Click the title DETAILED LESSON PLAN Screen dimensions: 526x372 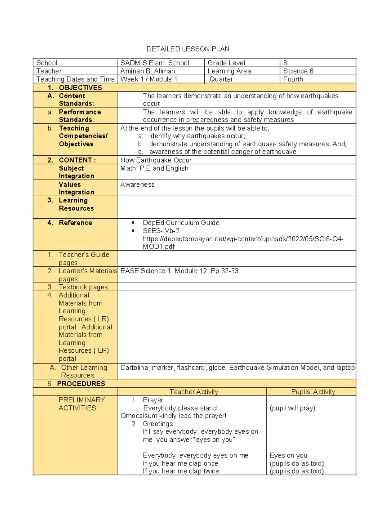click(188, 49)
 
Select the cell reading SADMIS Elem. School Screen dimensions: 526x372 click(155, 63)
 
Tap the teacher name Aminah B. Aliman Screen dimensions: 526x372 click(148, 71)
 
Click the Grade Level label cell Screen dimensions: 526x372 click(226, 63)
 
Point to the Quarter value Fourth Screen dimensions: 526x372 click(293, 79)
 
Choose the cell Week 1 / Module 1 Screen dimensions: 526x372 click(149, 79)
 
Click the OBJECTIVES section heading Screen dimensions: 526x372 click(80, 87)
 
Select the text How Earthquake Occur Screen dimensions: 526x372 click(156, 160)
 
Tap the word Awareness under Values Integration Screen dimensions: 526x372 click(137, 185)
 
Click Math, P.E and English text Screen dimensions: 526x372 click(154, 168)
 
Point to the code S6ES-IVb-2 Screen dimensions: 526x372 click(161, 231)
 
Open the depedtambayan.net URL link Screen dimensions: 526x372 click(243, 239)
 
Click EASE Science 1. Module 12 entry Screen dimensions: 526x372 click(179, 271)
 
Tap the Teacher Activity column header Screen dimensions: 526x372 click(194, 392)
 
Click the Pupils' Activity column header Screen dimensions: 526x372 click(313, 392)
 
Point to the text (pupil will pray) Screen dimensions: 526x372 click(292, 408)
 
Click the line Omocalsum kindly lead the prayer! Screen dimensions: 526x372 click(173, 416)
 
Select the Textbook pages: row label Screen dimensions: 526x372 click(84, 287)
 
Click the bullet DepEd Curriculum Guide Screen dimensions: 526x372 click(181, 223)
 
